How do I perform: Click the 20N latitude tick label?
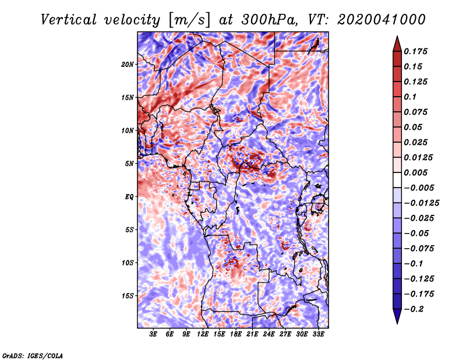[128, 64]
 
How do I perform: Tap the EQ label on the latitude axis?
[129, 197]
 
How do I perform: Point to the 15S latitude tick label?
[128, 296]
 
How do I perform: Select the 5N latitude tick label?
[129, 164]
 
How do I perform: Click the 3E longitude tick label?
[153, 334]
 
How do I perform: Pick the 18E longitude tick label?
[236, 334]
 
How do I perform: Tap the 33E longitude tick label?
[318, 334]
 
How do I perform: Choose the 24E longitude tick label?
[269, 334]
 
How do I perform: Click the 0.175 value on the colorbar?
[415, 51]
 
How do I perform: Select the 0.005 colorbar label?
[415, 172]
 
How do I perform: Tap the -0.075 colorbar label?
[419, 249]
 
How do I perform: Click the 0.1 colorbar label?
[410, 97]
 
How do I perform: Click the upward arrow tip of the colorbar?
[397, 36]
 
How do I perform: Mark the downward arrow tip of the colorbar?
[397, 323]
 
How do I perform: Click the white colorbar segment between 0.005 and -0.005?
[397, 180]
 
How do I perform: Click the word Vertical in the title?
[69, 20]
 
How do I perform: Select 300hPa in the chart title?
[269, 20]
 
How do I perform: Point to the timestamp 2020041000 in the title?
[381, 20]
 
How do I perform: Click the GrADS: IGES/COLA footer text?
[33, 356]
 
